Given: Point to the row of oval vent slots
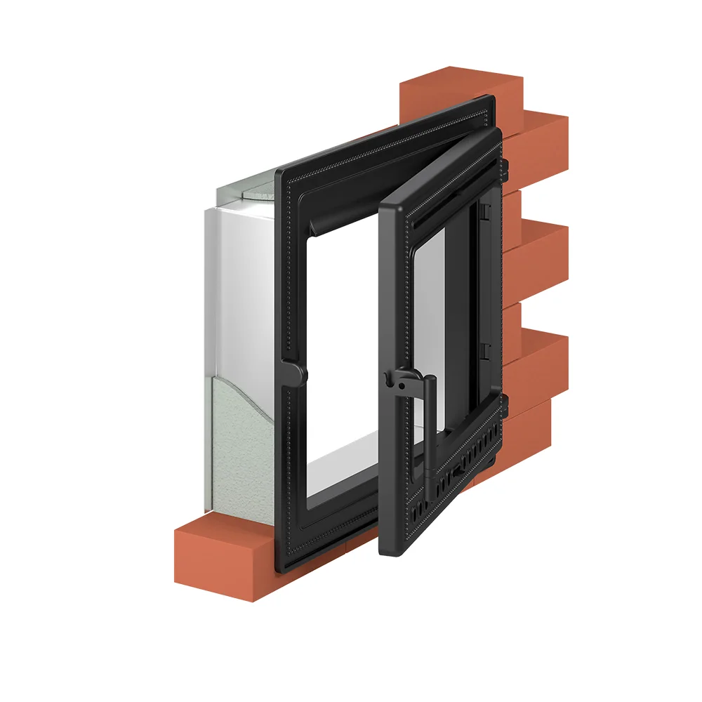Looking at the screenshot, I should coord(456,477).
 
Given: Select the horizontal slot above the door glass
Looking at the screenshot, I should coord(449,204).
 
